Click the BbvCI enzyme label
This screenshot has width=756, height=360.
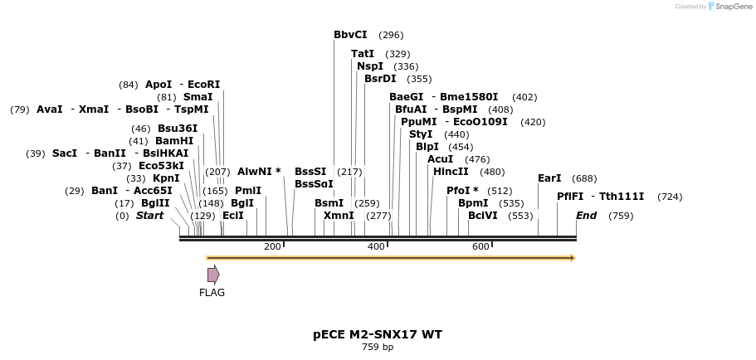pyautogui.click(x=350, y=35)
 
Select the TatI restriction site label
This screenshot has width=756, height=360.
pyautogui.click(x=363, y=54)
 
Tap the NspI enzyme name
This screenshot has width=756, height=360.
pyautogui.click(x=370, y=66)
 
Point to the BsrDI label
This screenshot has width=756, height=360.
pyautogui.click(x=380, y=79)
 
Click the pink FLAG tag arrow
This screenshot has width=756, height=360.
pyautogui.click(x=213, y=275)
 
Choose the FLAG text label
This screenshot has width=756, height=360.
pyautogui.click(x=212, y=292)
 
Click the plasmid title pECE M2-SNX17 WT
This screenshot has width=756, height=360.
pyautogui.click(x=378, y=334)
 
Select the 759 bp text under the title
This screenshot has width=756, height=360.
pyautogui.click(x=378, y=347)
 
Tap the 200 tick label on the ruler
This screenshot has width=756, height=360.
pyautogui.click(x=272, y=246)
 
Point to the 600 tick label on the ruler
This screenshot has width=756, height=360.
pyautogui.click(x=480, y=246)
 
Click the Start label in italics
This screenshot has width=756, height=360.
pyautogui.click(x=149, y=216)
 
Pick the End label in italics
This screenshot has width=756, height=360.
pyautogui.click(x=587, y=216)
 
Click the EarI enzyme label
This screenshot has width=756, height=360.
pyautogui.click(x=549, y=178)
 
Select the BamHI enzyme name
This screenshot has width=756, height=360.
pyautogui.click(x=174, y=141)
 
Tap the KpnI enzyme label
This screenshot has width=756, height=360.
pyautogui.click(x=166, y=178)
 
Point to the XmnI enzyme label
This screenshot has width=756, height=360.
pyautogui.click(x=339, y=216)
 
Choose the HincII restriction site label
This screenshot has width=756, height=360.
pyautogui.click(x=451, y=172)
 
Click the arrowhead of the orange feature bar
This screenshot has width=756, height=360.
pyautogui.click(x=572, y=258)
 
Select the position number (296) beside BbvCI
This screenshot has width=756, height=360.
pyautogui.click(x=391, y=35)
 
